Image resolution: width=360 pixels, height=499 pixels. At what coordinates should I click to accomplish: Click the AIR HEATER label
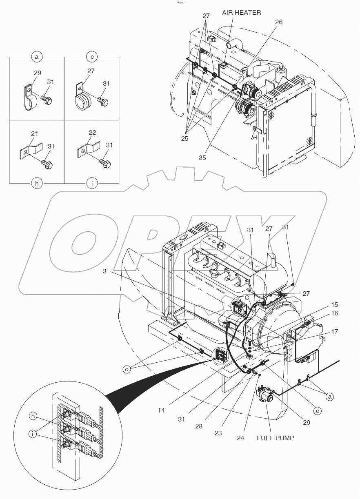pos(241,13)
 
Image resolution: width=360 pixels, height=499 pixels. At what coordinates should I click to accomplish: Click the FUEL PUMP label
pos(276,438)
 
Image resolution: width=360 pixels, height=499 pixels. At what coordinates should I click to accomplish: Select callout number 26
pos(278,22)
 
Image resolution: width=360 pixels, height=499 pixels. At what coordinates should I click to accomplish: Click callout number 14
pos(161,410)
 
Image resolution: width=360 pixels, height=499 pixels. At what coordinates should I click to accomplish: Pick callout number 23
pos(218,433)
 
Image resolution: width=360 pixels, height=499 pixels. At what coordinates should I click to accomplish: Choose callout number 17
pos(335,332)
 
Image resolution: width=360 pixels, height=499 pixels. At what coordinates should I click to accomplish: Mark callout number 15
pos(335,304)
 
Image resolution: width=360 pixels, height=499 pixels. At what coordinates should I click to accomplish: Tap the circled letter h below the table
pos(36,184)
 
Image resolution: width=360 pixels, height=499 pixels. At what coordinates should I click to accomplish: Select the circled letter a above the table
pos(36,57)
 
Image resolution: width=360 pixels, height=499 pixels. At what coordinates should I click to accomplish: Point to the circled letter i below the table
pos(92,184)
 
